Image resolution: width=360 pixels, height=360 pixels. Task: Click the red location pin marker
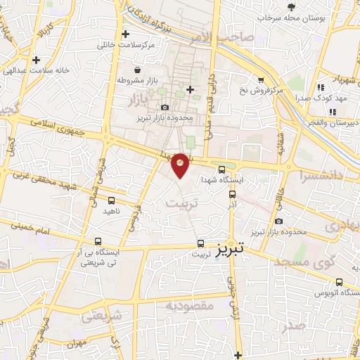(181, 165)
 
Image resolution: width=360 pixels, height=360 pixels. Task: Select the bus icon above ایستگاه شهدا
(222, 169)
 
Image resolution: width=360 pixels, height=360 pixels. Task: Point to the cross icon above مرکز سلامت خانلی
(126, 34)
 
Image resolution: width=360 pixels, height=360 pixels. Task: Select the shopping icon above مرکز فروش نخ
(261, 80)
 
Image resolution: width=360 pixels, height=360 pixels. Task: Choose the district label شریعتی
(102, 316)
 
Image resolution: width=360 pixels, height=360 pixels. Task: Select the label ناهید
(112, 211)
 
